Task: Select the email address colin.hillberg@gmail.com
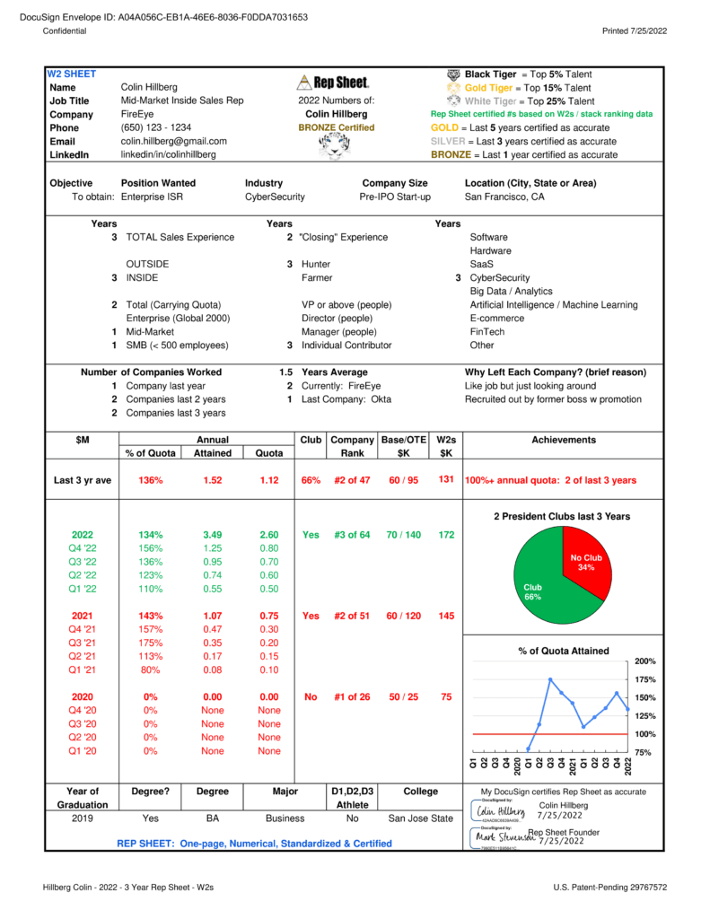coord(173,141)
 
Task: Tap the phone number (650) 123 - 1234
coord(155,127)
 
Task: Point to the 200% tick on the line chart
coord(644,661)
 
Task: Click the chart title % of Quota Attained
coord(563,651)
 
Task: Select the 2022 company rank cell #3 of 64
coord(352,535)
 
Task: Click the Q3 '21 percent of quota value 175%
coord(150,643)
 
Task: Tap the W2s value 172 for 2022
coord(445,535)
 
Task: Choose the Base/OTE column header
coord(403,440)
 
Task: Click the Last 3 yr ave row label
coord(83,480)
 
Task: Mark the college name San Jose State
coord(420,818)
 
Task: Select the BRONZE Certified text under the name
coord(336,127)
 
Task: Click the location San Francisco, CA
coord(504,197)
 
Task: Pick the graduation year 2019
coord(83,818)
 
